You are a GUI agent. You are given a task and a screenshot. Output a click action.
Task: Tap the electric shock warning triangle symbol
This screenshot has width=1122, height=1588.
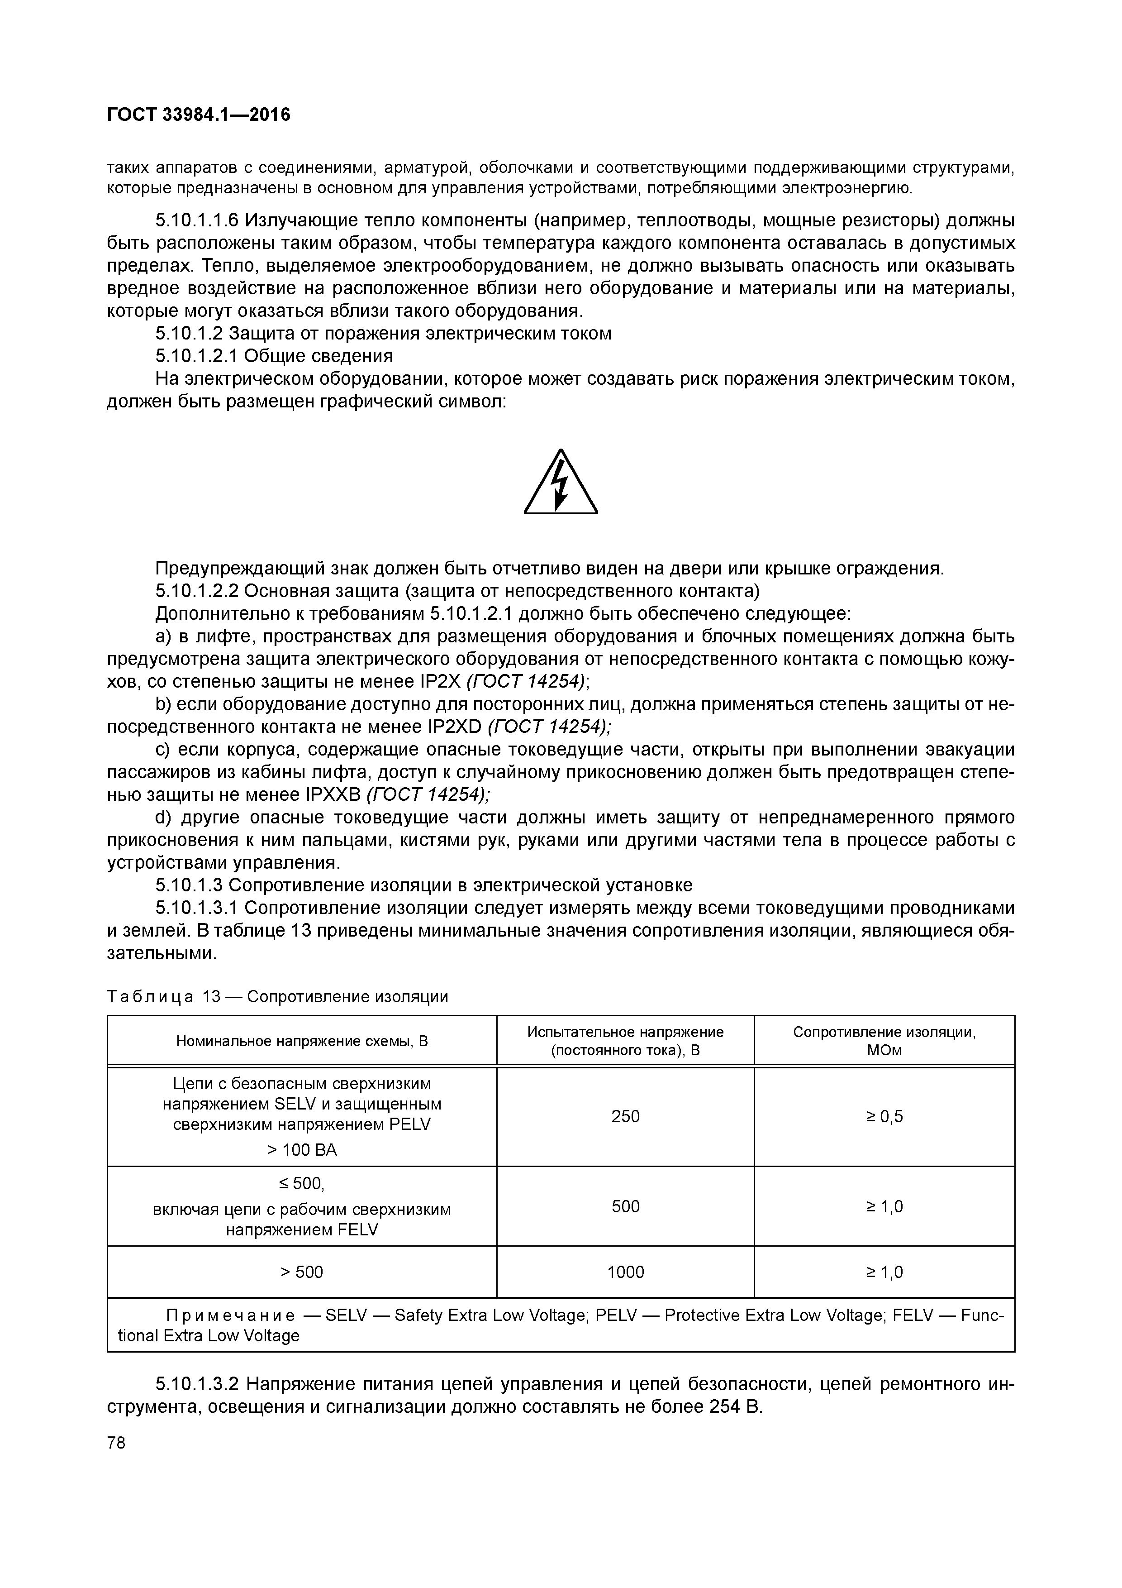coord(561,483)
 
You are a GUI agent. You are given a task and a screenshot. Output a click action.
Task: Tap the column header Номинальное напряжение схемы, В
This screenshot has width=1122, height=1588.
coord(302,1041)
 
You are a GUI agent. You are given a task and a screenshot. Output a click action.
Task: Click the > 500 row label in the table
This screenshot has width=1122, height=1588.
coord(302,1272)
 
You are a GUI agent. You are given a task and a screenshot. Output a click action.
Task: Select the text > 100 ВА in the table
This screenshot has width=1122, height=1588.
coord(302,1149)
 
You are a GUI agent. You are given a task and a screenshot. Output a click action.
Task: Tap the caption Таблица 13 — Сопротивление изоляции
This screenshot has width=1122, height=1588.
coord(278,997)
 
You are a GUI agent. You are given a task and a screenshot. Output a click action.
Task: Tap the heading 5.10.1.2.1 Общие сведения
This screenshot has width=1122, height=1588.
coord(275,356)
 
